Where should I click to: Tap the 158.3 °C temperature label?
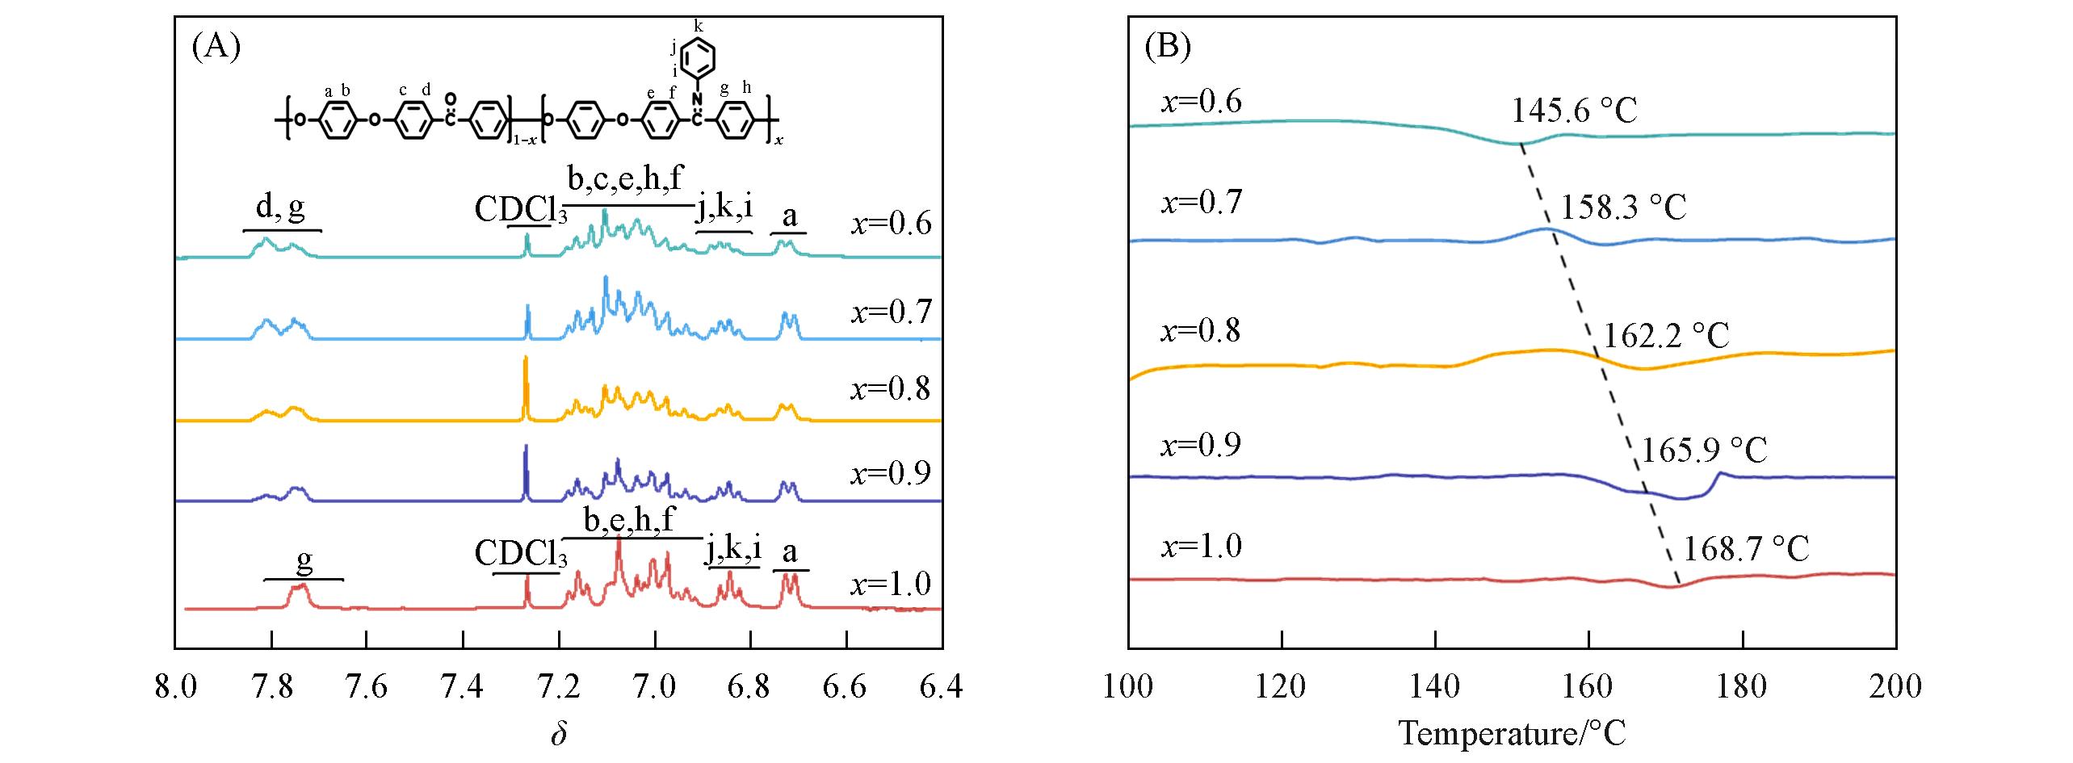(x=1623, y=208)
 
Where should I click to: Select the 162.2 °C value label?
(x=1666, y=335)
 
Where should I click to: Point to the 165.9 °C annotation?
(x=1704, y=450)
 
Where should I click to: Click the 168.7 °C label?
(x=1746, y=549)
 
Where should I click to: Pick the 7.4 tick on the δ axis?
(x=464, y=687)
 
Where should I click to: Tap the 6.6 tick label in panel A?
(x=846, y=687)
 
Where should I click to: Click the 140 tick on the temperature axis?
(x=1435, y=687)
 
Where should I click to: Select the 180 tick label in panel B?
(x=1743, y=687)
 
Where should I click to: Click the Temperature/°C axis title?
(x=1512, y=734)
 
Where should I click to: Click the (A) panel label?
(x=216, y=48)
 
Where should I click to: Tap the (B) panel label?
(x=1169, y=48)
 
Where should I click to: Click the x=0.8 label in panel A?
(x=891, y=389)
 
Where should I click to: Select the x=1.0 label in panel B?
(x=1201, y=547)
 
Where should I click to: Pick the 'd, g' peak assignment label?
(x=281, y=208)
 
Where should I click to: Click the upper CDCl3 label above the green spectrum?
(x=520, y=210)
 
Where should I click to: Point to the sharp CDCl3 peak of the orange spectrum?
(x=525, y=388)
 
